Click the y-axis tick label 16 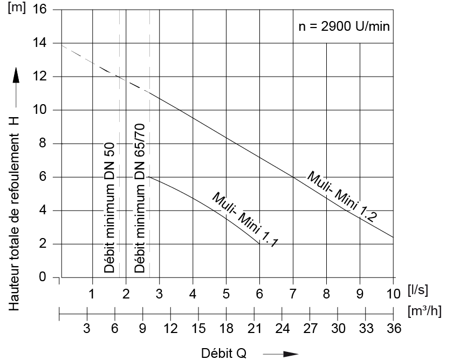tap(40, 10)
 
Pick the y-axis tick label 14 tap(40, 43)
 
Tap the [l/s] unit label tap(418, 290)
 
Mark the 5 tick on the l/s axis tap(226, 295)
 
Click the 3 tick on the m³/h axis tap(87, 329)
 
